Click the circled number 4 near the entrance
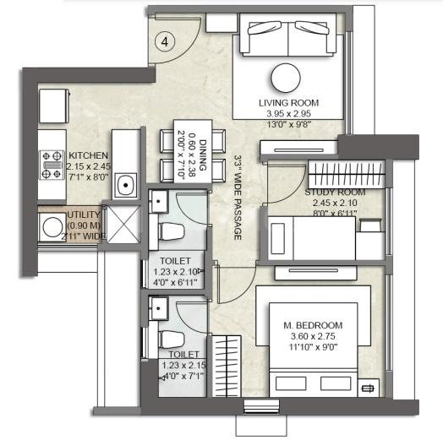pos(165,40)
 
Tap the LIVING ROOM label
pos(288,104)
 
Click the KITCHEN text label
pos(89,156)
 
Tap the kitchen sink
pos(128,183)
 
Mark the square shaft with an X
pos(118,223)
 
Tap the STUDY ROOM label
pos(331,193)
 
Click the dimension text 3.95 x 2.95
pos(289,114)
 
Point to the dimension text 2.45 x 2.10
pos(331,204)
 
